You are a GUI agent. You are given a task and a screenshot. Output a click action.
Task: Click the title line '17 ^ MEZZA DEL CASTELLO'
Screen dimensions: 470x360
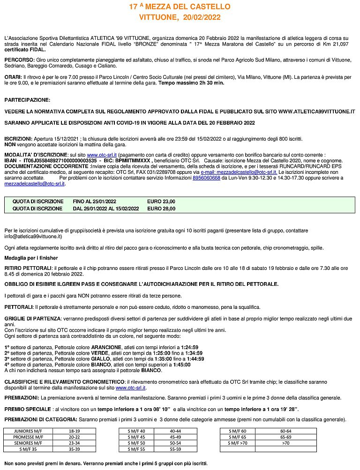click(180, 7)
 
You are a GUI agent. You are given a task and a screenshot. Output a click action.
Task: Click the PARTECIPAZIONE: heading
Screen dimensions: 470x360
click(27, 100)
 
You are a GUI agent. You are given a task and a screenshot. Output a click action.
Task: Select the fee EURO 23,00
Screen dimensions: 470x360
click(161, 201)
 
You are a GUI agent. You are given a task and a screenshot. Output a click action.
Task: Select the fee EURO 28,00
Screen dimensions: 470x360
click(161, 209)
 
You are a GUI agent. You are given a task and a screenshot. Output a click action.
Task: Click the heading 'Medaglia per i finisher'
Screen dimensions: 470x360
click(31, 258)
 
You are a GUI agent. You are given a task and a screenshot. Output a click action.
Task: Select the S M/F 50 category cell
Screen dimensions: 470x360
click(136, 442)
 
